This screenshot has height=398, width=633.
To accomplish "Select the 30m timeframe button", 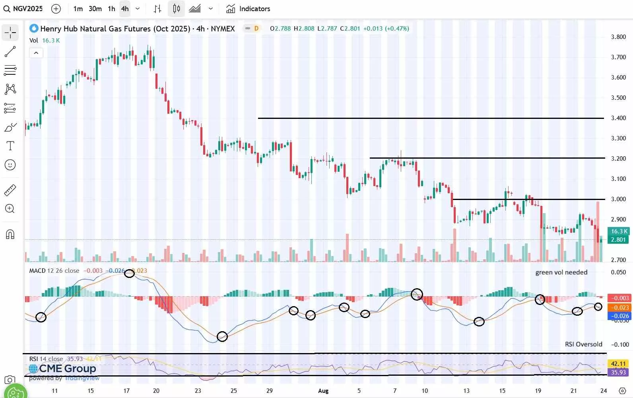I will (95, 8).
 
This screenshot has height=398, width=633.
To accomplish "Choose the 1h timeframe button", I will (111, 8).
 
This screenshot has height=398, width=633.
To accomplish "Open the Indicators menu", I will (248, 8).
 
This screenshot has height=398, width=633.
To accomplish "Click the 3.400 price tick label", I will (618, 118).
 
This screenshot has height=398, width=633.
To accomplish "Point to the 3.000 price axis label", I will (618, 199).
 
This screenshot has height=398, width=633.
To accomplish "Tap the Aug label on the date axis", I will (323, 391).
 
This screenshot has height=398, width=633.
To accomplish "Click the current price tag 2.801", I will (618, 240).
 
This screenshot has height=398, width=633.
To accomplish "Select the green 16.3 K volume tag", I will (618, 231).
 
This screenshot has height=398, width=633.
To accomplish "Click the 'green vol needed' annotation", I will (561, 272).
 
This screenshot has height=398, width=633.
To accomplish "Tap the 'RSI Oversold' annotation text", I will (583, 344).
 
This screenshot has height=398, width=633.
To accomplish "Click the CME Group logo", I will (63, 369).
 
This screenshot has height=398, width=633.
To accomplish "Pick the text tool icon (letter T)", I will (10, 146).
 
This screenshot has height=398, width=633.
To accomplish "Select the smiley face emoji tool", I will (10, 165).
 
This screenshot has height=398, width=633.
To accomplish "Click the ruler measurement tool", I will (10, 190).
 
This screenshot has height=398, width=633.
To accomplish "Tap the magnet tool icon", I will (10, 235).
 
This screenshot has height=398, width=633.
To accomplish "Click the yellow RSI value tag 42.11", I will (618, 364).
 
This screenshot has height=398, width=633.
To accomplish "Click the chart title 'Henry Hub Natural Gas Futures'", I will (95, 29).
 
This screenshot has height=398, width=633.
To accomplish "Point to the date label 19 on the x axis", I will (538, 391).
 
